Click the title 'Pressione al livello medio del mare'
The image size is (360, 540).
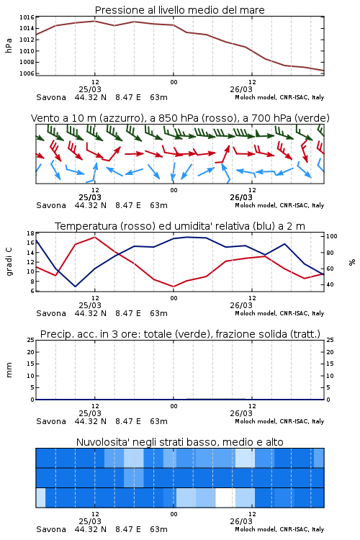click(x=179, y=10)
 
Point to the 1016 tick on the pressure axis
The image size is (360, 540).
click(x=27, y=17)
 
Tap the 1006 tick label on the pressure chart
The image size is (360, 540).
click(x=27, y=73)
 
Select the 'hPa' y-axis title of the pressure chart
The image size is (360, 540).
click(x=9, y=45)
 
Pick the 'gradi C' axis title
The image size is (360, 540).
click(x=9, y=262)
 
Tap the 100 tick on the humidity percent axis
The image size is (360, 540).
click(x=332, y=236)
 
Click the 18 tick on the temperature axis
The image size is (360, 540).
click(x=31, y=233)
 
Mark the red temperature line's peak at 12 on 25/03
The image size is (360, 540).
click(x=95, y=237)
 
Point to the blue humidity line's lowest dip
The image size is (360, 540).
click(x=75, y=287)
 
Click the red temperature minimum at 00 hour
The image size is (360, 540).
click(x=174, y=287)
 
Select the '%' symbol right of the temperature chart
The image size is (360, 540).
click(x=352, y=262)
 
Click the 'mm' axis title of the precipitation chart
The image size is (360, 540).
click(x=9, y=370)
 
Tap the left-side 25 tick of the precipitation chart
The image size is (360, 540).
click(x=31, y=340)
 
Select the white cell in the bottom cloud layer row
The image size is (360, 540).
click(x=225, y=498)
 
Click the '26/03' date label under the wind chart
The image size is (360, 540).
click(x=241, y=198)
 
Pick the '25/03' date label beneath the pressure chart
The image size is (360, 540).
click(x=90, y=89)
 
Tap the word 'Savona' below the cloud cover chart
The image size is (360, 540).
click(x=51, y=529)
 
